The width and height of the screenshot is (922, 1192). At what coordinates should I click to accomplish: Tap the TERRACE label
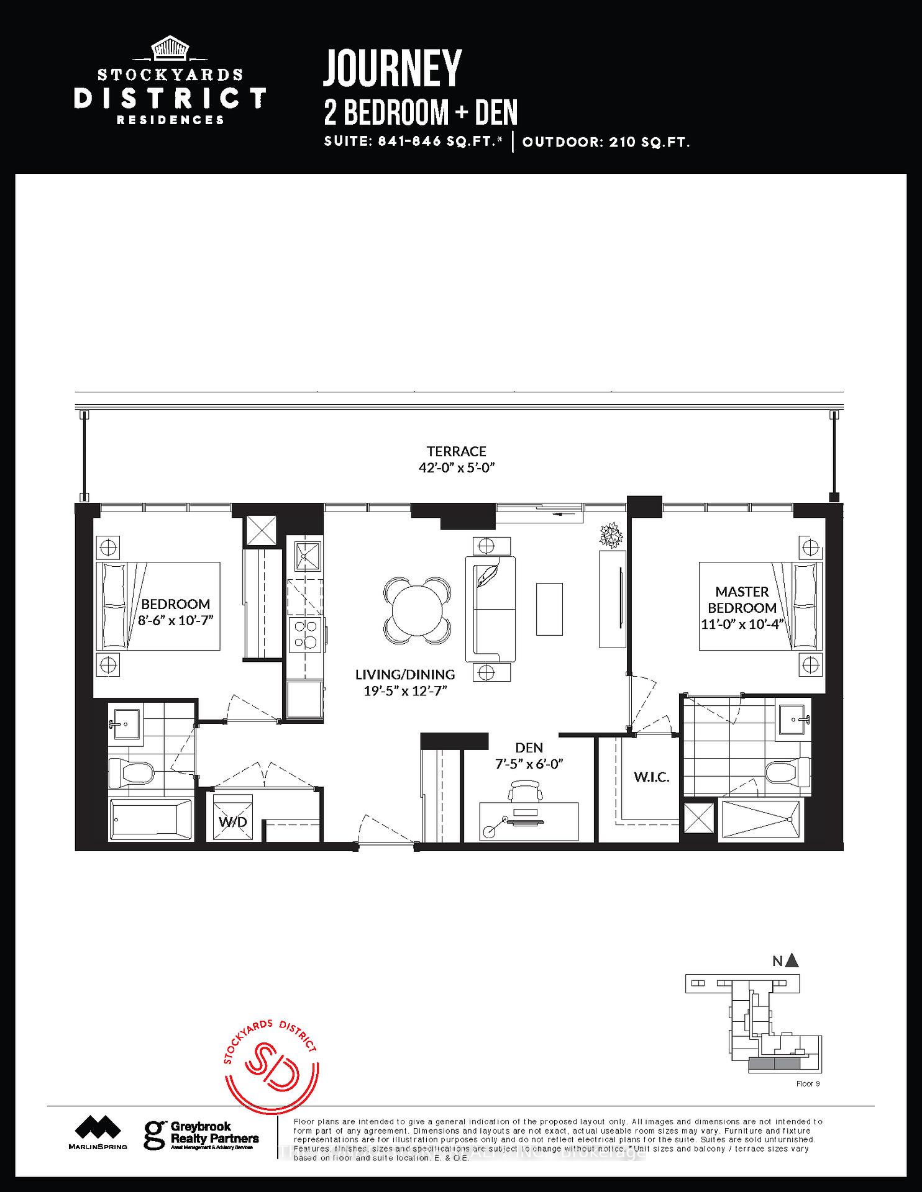456,451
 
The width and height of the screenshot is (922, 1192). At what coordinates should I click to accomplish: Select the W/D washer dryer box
233,818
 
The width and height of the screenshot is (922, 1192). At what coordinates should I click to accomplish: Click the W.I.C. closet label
651,777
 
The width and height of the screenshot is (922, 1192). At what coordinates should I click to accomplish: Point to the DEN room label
529,747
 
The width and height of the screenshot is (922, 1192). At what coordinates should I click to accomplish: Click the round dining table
416,610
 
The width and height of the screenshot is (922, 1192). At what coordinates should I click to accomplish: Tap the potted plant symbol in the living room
611,535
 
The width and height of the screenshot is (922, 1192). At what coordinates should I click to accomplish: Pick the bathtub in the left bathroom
152,819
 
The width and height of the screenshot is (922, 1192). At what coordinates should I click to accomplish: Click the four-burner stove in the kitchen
305,634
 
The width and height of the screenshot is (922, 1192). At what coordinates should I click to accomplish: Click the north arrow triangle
792,961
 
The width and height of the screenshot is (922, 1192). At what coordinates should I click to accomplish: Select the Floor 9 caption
808,1083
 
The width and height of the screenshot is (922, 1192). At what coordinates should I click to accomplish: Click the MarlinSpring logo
98,1132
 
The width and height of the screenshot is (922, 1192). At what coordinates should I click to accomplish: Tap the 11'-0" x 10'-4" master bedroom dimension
742,624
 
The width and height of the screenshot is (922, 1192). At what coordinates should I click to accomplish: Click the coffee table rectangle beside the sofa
549,609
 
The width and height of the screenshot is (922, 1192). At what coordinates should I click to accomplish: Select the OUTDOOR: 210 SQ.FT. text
606,142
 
